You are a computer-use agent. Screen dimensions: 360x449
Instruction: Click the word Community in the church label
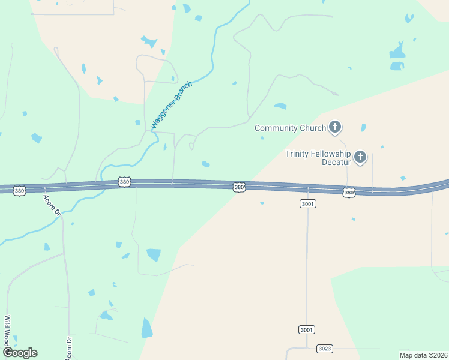(x=277, y=128)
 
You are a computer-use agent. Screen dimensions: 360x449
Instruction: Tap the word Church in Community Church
(x=313, y=128)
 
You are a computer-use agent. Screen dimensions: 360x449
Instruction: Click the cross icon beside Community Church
(x=335, y=127)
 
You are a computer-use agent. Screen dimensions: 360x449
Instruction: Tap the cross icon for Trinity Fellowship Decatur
(x=360, y=157)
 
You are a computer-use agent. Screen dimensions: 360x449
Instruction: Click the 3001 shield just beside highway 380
(x=307, y=204)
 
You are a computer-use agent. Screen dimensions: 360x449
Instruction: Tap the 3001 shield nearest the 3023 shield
(x=306, y=330)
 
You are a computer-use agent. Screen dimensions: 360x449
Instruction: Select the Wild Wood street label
(x=8, y=331)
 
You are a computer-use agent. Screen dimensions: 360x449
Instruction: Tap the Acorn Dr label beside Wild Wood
(x=69, y=347)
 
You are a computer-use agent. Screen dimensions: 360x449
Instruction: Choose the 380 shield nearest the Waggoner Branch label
(x=124, y=182)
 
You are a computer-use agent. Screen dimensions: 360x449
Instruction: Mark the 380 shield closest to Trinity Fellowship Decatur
(x=349, y=193)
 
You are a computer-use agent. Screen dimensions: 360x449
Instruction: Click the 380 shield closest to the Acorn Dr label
(x=20, y=191)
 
